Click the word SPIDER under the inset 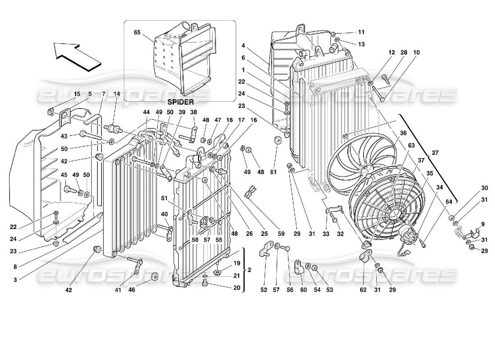tap(179, 102)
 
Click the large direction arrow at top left tap(76, 55)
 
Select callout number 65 tap(137, 32)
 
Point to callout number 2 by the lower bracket tap(250, 270)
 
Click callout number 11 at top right tap(361, 32)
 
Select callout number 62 tap(363, 290)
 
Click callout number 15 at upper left tap(77, 94)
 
